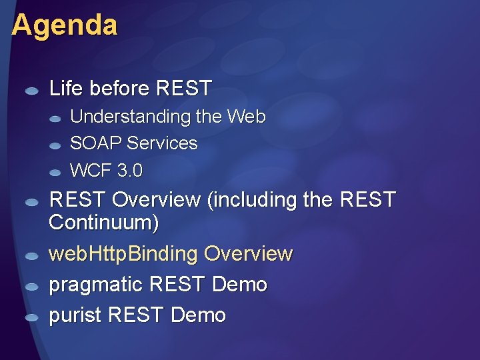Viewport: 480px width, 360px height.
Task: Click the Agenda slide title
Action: (64, 25)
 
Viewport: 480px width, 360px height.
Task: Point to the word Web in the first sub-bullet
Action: (246, 117)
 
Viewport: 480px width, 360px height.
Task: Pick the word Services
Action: (162, 143)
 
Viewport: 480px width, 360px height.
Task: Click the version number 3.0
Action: (129, 171)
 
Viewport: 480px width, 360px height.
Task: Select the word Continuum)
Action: (104, 223)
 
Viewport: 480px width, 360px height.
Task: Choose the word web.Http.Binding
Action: (123, 254)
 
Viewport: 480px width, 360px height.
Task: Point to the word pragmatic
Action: (96, 285)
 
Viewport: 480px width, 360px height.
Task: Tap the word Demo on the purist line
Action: (199, 315)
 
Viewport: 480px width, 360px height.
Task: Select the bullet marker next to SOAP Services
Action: (55, 145)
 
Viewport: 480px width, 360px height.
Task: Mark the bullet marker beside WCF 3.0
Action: (55, 173)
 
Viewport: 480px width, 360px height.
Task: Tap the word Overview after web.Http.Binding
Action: (248, 254)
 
